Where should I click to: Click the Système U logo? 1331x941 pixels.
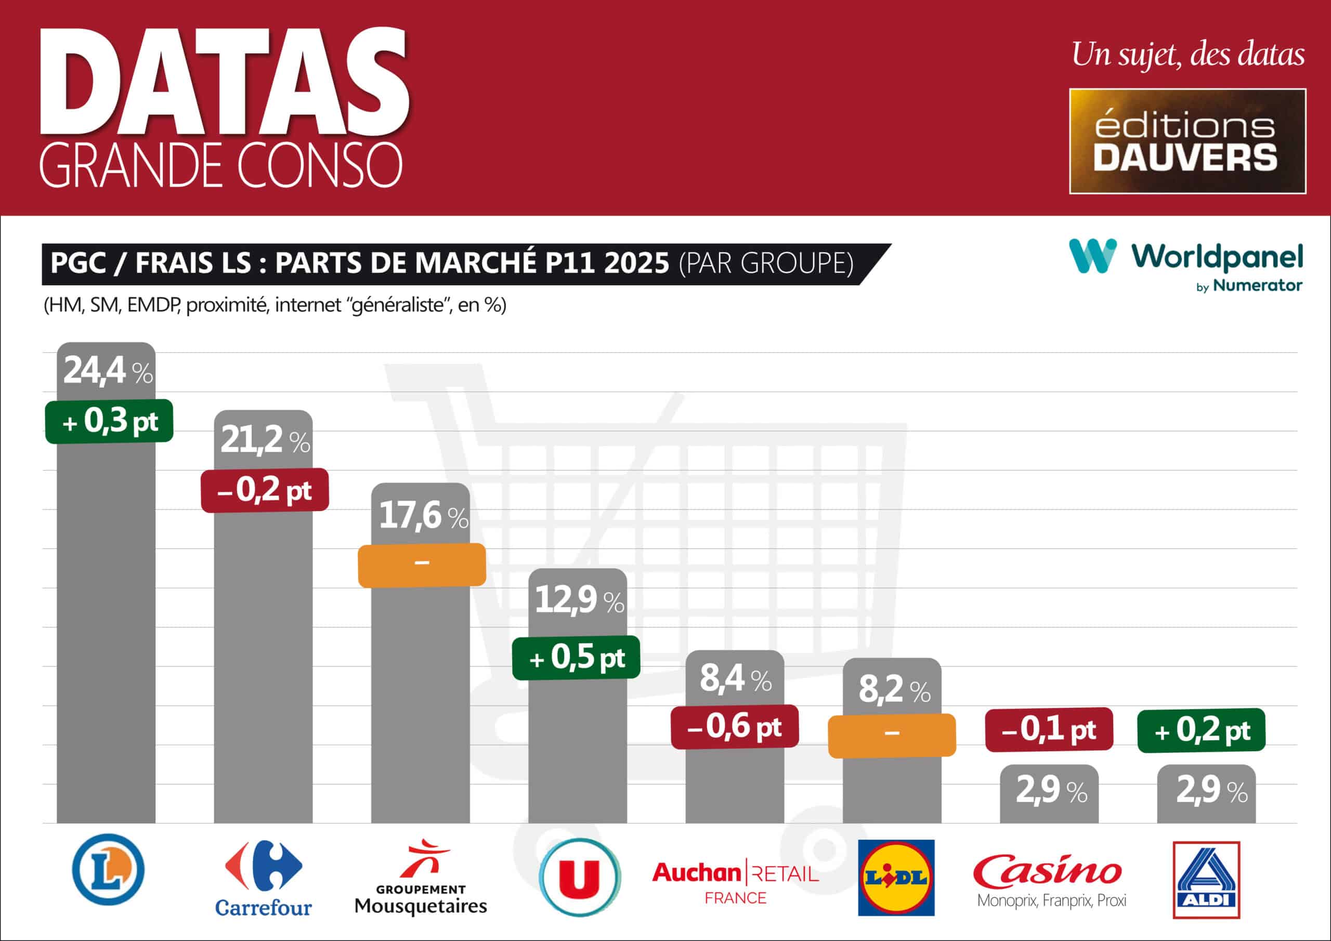(x=579, y=877)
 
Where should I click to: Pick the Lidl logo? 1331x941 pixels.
(x=896, y=877)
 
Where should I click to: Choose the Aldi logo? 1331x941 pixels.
(x=1206, y=880)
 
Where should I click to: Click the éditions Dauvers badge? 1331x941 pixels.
(x=1187, y=141)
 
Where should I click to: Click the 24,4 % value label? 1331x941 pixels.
(x=108, y=371)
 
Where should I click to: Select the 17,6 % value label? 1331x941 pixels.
(x=423, y=515)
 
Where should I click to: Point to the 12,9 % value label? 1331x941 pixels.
(x=579, y=599)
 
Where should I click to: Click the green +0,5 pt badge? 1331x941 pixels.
(x=576, y=658)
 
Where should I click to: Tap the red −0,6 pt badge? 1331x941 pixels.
(x=735, y=726)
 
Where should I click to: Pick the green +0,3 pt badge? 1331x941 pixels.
(x=110, y=421)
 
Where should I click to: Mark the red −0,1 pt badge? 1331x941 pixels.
(x=1049, y=729)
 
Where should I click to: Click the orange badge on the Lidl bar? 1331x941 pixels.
(x=892, y=735)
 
